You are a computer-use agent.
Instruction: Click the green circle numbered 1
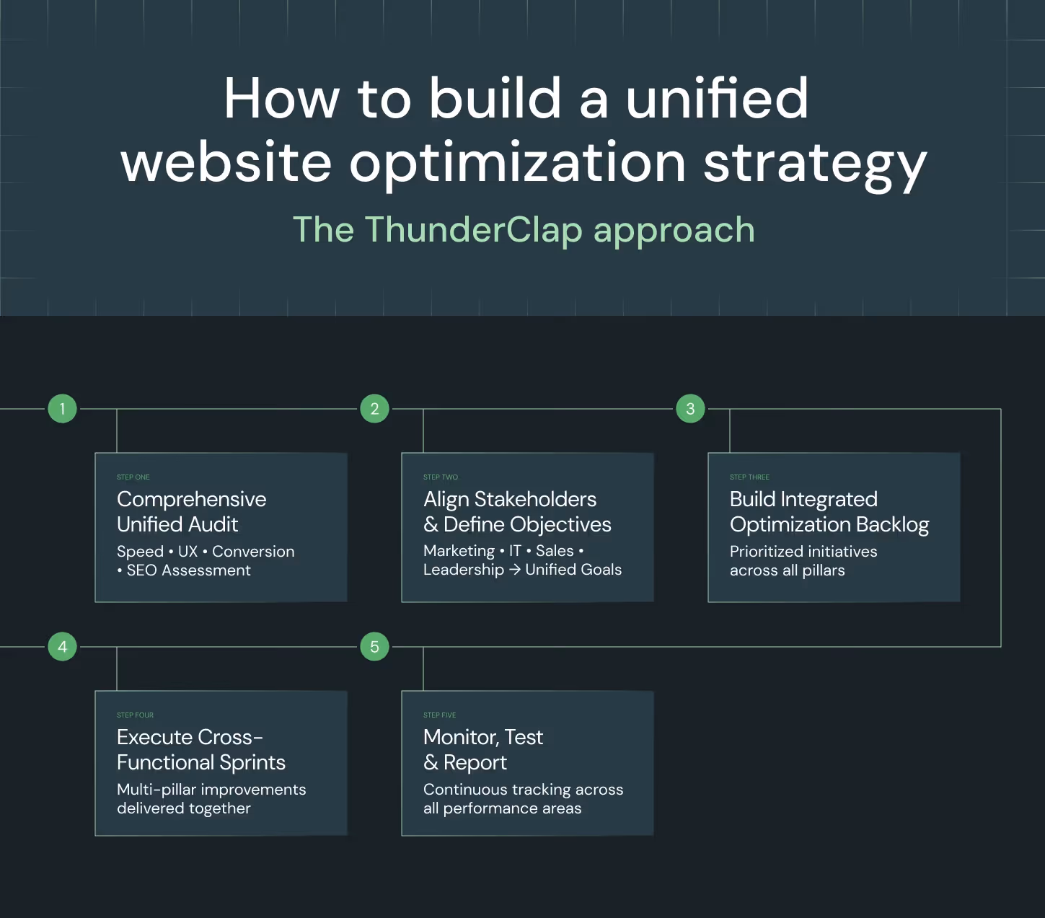pyautogui.click(x=63, y=409)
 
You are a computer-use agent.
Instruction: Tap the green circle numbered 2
pyautogui.click(x=374, y=409)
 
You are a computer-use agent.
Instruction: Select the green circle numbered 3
pyautogui.click(x=690, y=409)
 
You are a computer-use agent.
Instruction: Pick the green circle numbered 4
pyautogui.click(x=63, y=647)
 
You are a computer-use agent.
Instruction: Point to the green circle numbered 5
pyautogui.click(x=374, y=647)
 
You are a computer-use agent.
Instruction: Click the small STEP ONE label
pyautogui.click(x=133, y=477)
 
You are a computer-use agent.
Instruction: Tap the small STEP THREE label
pyautogui.click(x=749, y=477)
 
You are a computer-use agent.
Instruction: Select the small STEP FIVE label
pyautogui.click(x=440, y=715)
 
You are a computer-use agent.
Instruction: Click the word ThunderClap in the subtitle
pyautogui.click(x=473, y=230)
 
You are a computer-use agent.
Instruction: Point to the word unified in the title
pyautogui.click(x=717, y=99)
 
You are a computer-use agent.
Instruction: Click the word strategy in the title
pyautogui.click(x=815, y=164)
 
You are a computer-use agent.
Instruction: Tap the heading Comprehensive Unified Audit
pyautogui.click(x=191, y=511)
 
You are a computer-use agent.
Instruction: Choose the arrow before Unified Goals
pyautogui.click(x=514, y=570)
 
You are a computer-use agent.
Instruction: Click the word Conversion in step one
pyautogui.click(x=253, y=552)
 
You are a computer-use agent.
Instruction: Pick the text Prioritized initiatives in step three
pyautogui.click(x=803, y=552)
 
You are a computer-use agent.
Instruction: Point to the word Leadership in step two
pyautogui.click(x=464, y=570)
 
